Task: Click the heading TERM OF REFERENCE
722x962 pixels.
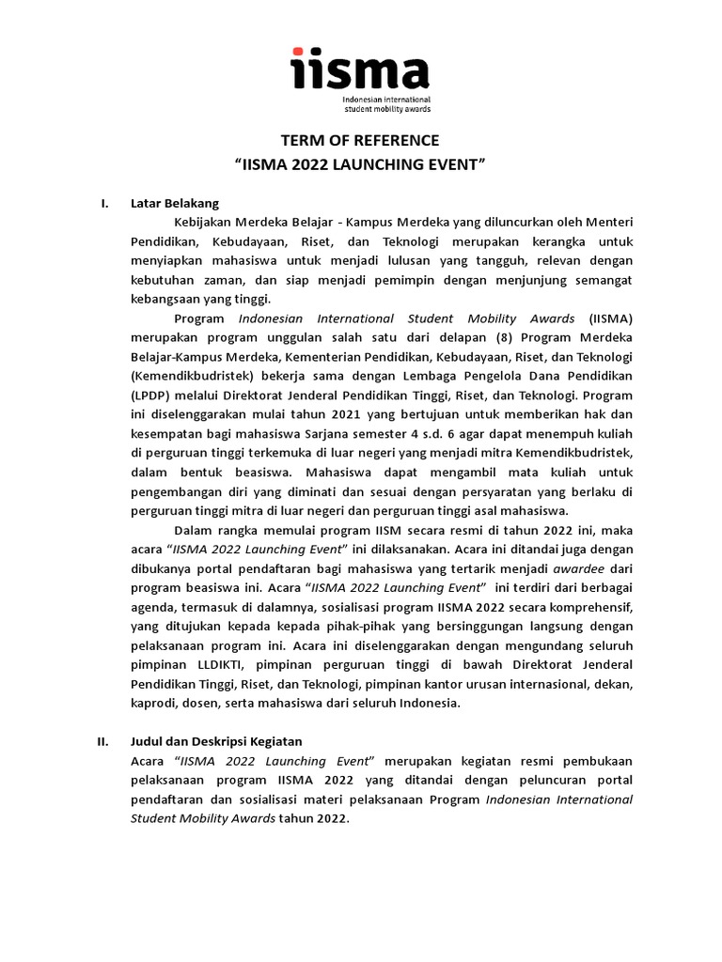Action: (361, 141)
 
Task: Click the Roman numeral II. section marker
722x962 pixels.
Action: (104, 741)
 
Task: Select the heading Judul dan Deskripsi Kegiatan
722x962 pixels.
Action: (216, 741)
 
